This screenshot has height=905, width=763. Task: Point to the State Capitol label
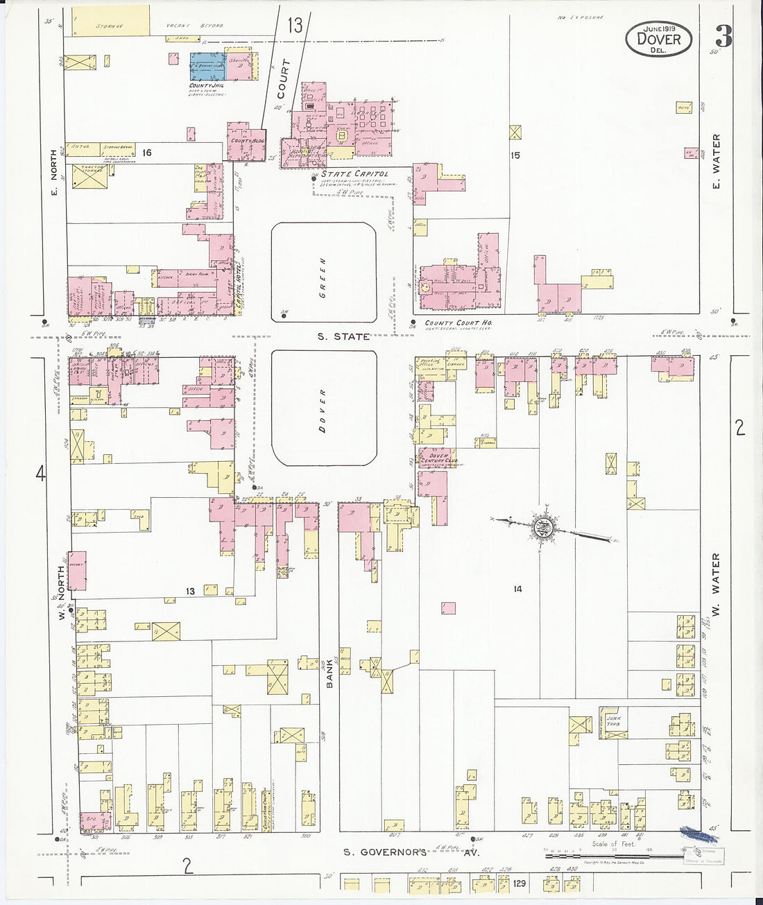click(x=354, y=174)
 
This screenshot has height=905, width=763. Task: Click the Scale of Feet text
click(x=613, y=844)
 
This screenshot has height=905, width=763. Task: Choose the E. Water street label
click(x=717, y=161)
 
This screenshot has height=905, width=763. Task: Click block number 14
click(x=517, y=589)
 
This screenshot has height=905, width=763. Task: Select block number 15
click(x=515, y=156)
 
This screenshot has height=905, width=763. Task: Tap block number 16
click(x=146, y=152)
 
